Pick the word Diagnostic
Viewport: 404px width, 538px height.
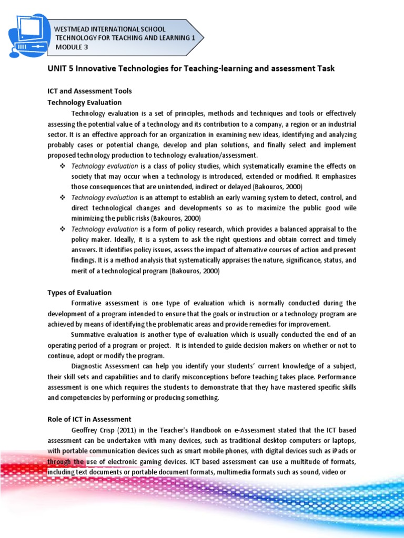tap(89, 366)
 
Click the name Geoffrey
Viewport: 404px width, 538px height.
tap(86, 430)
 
